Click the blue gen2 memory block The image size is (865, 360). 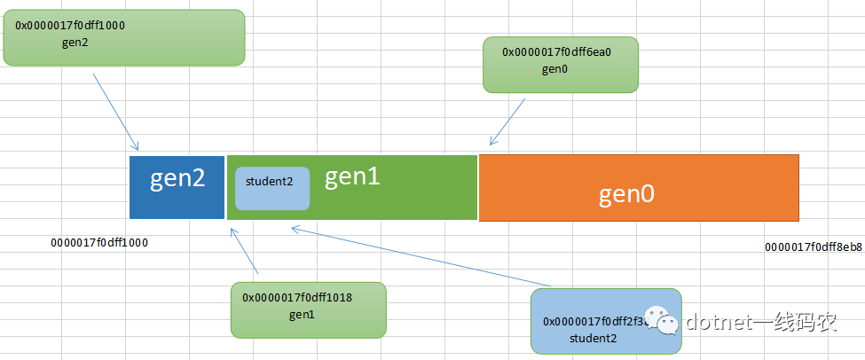click(x=177, y=187)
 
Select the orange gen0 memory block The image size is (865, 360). click(x=639, y=188)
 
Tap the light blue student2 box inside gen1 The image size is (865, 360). click(x=272, y=189)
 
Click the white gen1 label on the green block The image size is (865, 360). click(x=352, y=177)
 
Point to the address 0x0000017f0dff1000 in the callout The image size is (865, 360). click(x=70, y=26)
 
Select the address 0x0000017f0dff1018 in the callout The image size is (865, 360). click(x=297, y=298)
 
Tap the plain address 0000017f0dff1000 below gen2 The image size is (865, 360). click(x=99, y=243)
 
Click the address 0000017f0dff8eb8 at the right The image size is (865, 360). click(x=814, y=247)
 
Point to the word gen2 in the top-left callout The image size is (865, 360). click(x=75, y=43)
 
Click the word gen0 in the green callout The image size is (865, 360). click(x=555, y=69)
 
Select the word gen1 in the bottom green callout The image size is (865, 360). click(x=302, y=315)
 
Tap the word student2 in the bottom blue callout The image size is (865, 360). click(x=594, y=338)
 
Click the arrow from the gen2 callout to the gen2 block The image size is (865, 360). click(x=116, y=112)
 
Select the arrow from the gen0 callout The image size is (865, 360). click(x=507, y=122)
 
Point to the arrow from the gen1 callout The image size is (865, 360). click(x=244, y=251)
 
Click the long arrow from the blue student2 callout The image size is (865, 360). click(x=421, y=256)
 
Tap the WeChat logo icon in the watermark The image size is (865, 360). click(x=663, y=320)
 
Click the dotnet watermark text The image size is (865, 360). click(x=761, y=321)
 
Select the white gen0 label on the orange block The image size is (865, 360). click(x=626, y=194)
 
